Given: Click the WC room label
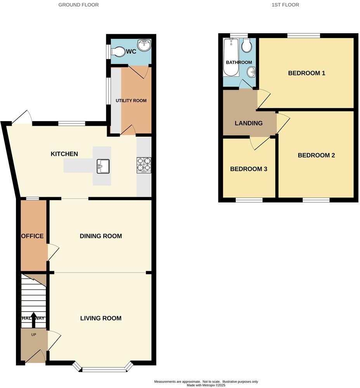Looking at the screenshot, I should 131,52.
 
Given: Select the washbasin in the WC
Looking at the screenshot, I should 144,45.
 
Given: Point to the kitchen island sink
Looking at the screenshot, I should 103,166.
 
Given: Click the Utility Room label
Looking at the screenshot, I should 131,100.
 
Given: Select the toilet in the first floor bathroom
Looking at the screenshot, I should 246,46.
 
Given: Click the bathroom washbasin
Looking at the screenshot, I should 252,72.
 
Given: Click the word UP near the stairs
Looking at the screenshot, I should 33,334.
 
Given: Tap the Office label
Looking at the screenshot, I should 32,236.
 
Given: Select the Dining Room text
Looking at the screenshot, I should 101,236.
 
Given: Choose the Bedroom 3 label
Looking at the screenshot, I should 249,169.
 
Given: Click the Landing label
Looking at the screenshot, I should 249,123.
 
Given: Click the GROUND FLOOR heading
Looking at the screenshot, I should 78,5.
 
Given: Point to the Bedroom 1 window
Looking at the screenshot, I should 303,36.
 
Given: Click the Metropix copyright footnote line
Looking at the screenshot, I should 206,385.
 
